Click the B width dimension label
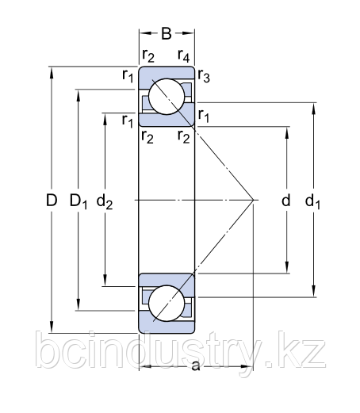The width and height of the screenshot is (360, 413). point(167,33)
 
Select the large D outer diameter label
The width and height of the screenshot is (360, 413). point(51,201)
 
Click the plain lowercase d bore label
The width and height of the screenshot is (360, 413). point(286,201)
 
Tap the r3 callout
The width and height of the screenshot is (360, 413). point(204,78)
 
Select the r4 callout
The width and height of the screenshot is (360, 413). point(184,55)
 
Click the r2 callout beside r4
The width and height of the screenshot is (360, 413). point(147,55)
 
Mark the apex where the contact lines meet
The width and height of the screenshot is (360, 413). point(252,199)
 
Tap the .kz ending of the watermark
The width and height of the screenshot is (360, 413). point(302,351)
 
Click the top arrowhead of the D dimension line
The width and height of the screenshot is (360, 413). point(51,71)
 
